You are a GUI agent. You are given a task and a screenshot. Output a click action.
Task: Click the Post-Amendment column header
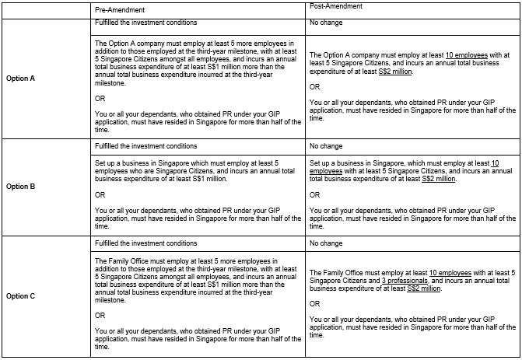pyautogui.click(x=334, y=7)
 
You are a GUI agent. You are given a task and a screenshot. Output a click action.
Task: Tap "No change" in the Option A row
pyautogui.click(x=324, y=23)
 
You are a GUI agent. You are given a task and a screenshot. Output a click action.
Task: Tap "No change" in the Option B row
pyautogui.click(x=324, y=145)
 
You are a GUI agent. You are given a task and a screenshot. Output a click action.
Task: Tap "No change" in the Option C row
pyautogui.click(x=324, y=243)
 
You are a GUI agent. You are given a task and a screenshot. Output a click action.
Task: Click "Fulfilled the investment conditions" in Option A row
pyautogui.click(x=145, y=23)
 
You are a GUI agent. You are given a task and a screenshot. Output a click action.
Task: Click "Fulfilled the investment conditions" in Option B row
pyautogui.click(x=145, y=145)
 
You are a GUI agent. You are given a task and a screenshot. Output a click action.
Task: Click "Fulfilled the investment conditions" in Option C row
pyautogui.click(x=145, y=243)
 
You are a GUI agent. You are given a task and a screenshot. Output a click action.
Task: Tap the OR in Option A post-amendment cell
pyautogui.click(x=314, y=87)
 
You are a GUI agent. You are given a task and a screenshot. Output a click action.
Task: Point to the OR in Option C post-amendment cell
pyautogui.click(x=314, y=304)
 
